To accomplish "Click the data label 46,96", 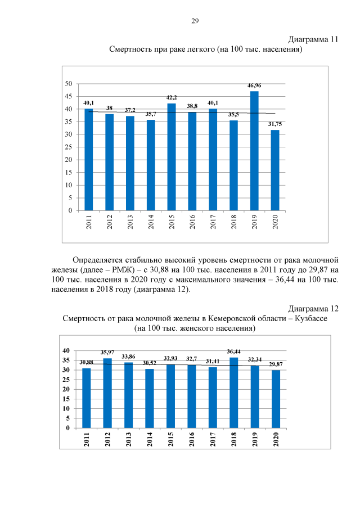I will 255,85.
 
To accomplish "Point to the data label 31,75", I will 276,124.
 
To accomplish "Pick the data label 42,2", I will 172,97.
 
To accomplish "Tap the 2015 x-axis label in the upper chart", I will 172,223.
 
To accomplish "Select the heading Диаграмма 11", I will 313,39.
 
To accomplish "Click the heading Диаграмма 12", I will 313,308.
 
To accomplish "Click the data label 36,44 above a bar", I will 234,352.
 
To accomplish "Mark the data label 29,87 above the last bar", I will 276,364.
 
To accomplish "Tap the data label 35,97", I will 107,352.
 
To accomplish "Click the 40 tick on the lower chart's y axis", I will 66,351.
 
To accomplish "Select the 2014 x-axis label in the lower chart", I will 150,438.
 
